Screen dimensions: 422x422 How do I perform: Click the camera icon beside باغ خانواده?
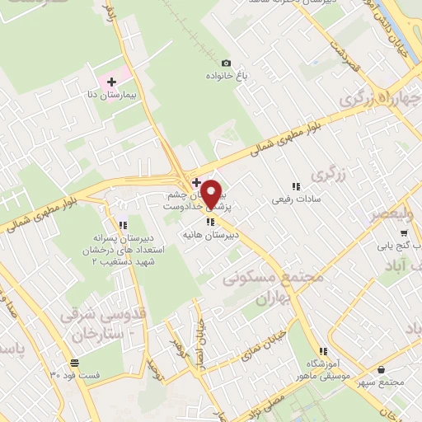[x=226, y=63]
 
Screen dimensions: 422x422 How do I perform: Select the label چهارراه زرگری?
[x=382, y=100]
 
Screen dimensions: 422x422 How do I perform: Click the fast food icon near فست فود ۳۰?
[x=75, y=362]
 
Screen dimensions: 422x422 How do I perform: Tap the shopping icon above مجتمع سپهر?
[x=381, y=370]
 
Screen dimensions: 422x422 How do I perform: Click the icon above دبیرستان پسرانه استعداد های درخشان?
[x=122, y=224]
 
